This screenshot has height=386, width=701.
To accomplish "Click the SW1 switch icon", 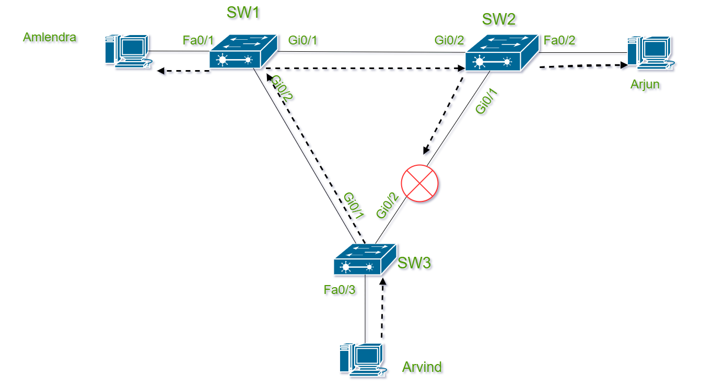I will tap(243, 52).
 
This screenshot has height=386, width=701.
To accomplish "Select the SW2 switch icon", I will tap(501, 53).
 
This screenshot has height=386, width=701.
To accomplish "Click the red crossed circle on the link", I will tap(420, 184).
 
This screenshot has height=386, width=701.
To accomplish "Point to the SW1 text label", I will tap(243, 13).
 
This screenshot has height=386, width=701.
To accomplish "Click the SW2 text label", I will tap(499, 19).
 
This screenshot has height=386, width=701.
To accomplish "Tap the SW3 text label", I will tap(415, 263).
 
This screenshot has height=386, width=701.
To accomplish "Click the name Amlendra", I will tap(50, 38).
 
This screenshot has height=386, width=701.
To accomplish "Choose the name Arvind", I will tap(422, 367).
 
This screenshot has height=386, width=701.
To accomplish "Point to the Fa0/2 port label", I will tap(560, 40).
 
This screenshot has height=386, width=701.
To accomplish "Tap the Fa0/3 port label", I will tap(340, 290).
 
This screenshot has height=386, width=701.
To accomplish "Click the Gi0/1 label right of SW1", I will tap(303, 40).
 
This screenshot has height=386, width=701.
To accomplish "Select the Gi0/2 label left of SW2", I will tap(450, 40).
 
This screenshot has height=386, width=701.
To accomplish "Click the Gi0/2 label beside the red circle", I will tap(389, 206).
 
